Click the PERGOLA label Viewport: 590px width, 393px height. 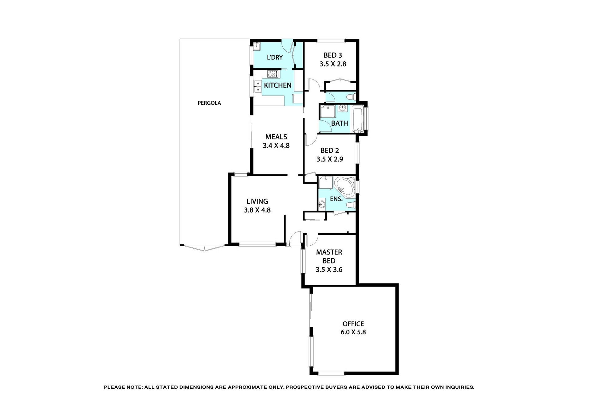(x=209, y=103)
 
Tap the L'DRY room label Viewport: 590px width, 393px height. (x=275, y=57)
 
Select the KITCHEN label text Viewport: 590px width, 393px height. (x=278, y=85)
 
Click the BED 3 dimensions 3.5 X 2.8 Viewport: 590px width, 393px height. (x=333, y=64)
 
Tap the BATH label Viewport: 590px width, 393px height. (x=340, y=123)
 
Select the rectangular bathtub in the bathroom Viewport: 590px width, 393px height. (x=357, y=119)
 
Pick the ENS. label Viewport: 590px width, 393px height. (x=336, y=199)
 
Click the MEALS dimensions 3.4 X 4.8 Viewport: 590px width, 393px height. (x=276, y=146)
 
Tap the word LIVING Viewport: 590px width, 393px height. (x=257, y=201)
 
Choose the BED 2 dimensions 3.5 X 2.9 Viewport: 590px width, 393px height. (x=330, y=159)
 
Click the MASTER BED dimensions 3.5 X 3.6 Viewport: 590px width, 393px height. (x=329, y=270)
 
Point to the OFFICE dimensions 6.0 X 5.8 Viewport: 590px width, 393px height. (x=353, y=332)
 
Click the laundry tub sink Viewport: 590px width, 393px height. (x=257, y=46)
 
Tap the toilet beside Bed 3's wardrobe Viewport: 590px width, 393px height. (x=350, y=97)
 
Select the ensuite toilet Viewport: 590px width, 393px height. (x=351, y=205)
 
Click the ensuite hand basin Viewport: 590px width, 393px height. (x=322, y=204)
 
